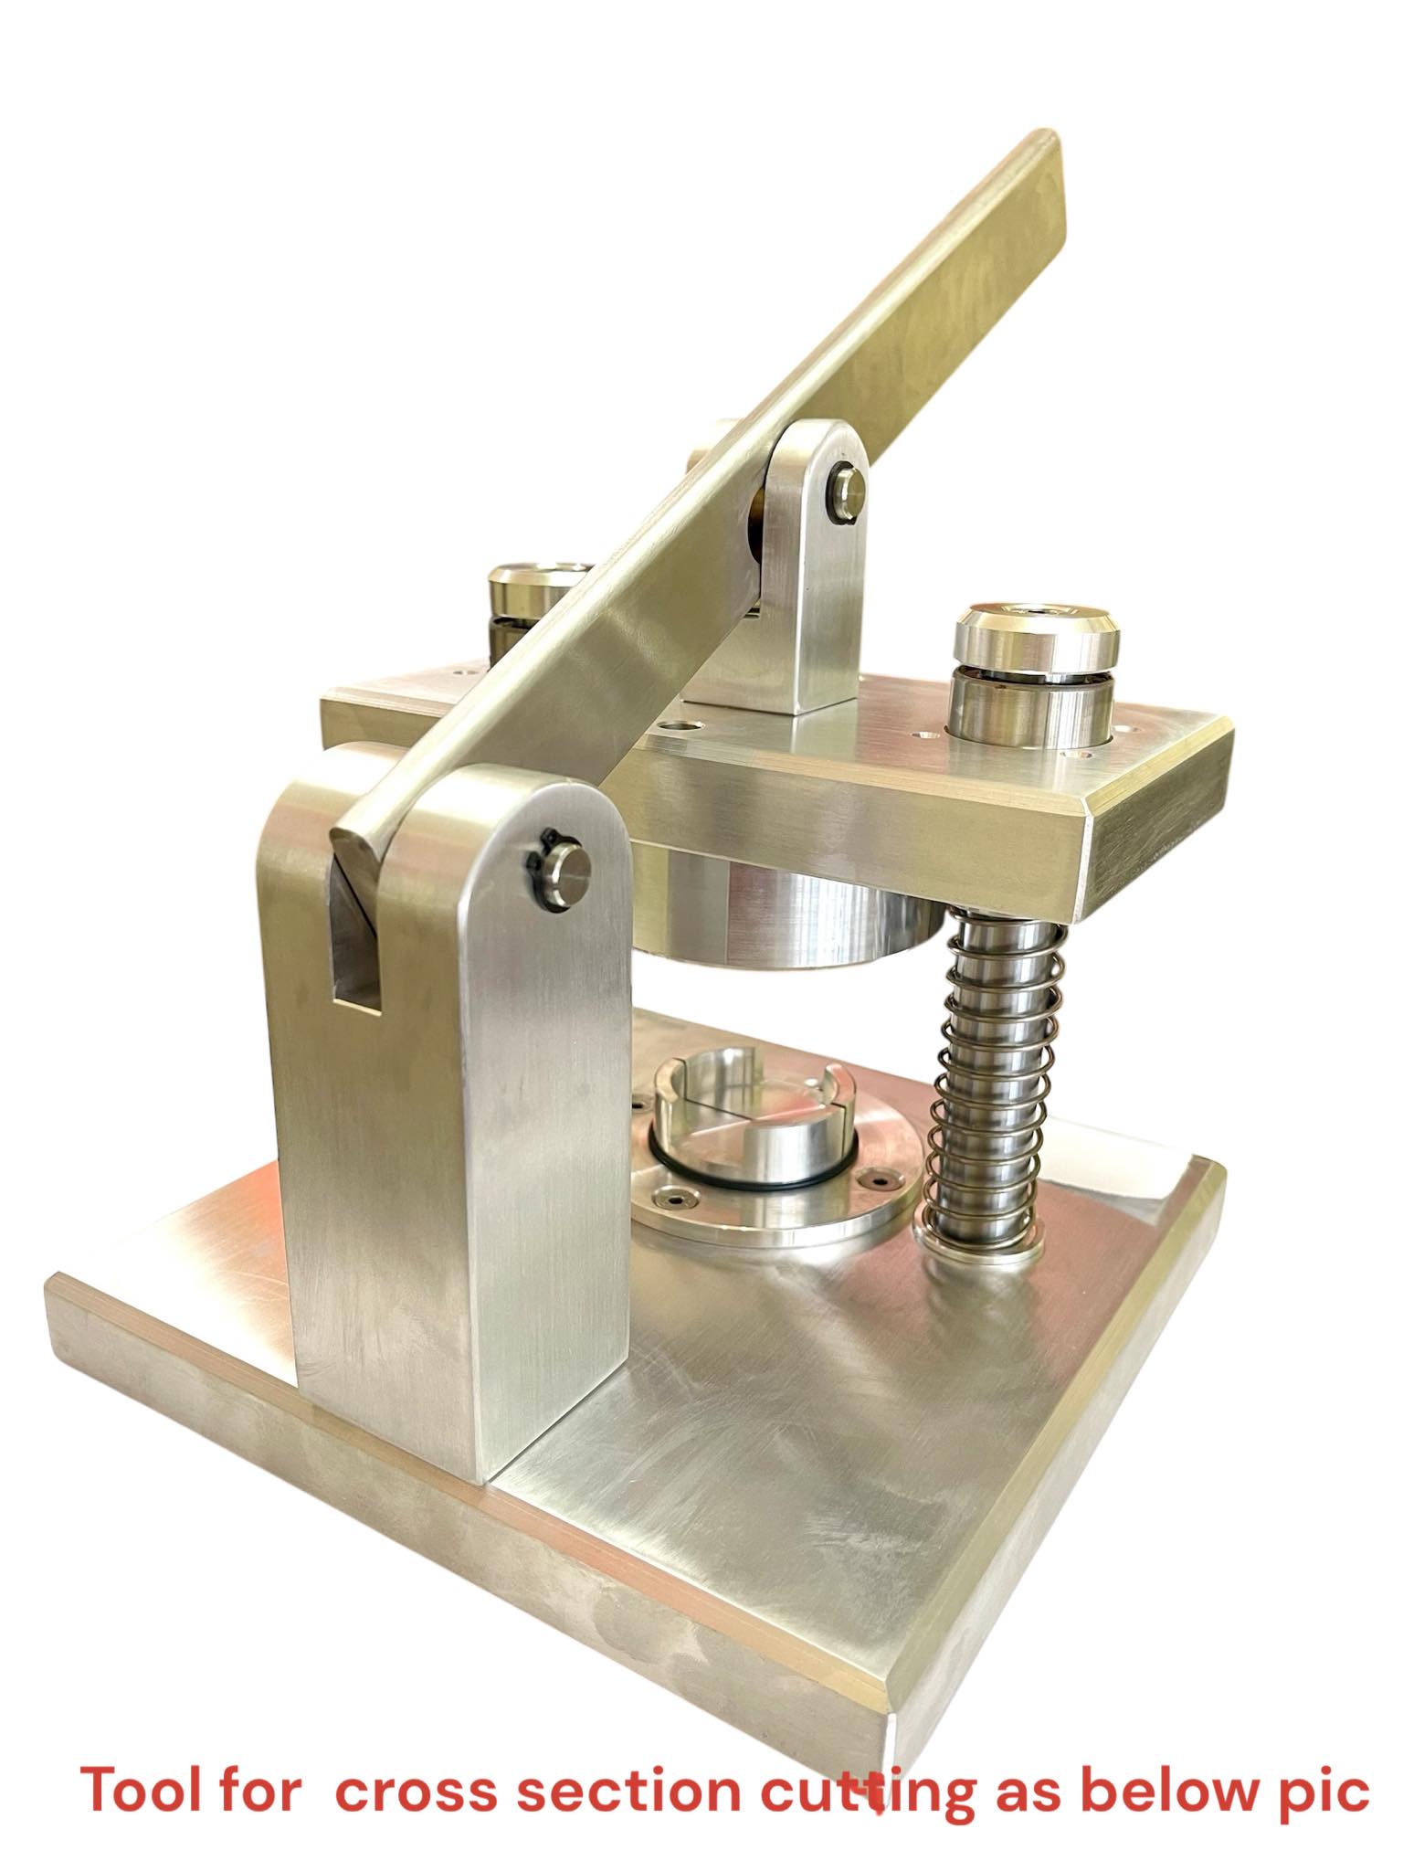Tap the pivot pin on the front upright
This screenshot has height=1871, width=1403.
click(x=568, y=870)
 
